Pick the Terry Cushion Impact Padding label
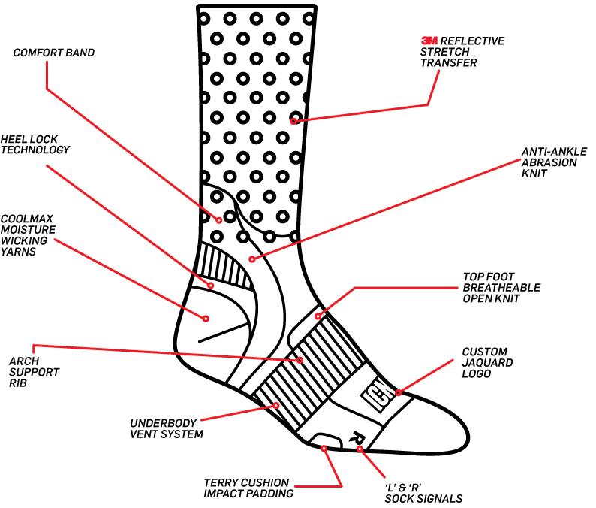coord(248,488)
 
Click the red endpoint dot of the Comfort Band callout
coord(219,220)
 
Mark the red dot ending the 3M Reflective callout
coord(294,120)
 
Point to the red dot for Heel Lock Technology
coord(211,286)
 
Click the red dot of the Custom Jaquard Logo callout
coord(399,392)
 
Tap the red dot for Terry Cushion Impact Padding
coord(324,449)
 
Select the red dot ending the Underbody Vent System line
coord(276,405)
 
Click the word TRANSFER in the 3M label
coord(447,64)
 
